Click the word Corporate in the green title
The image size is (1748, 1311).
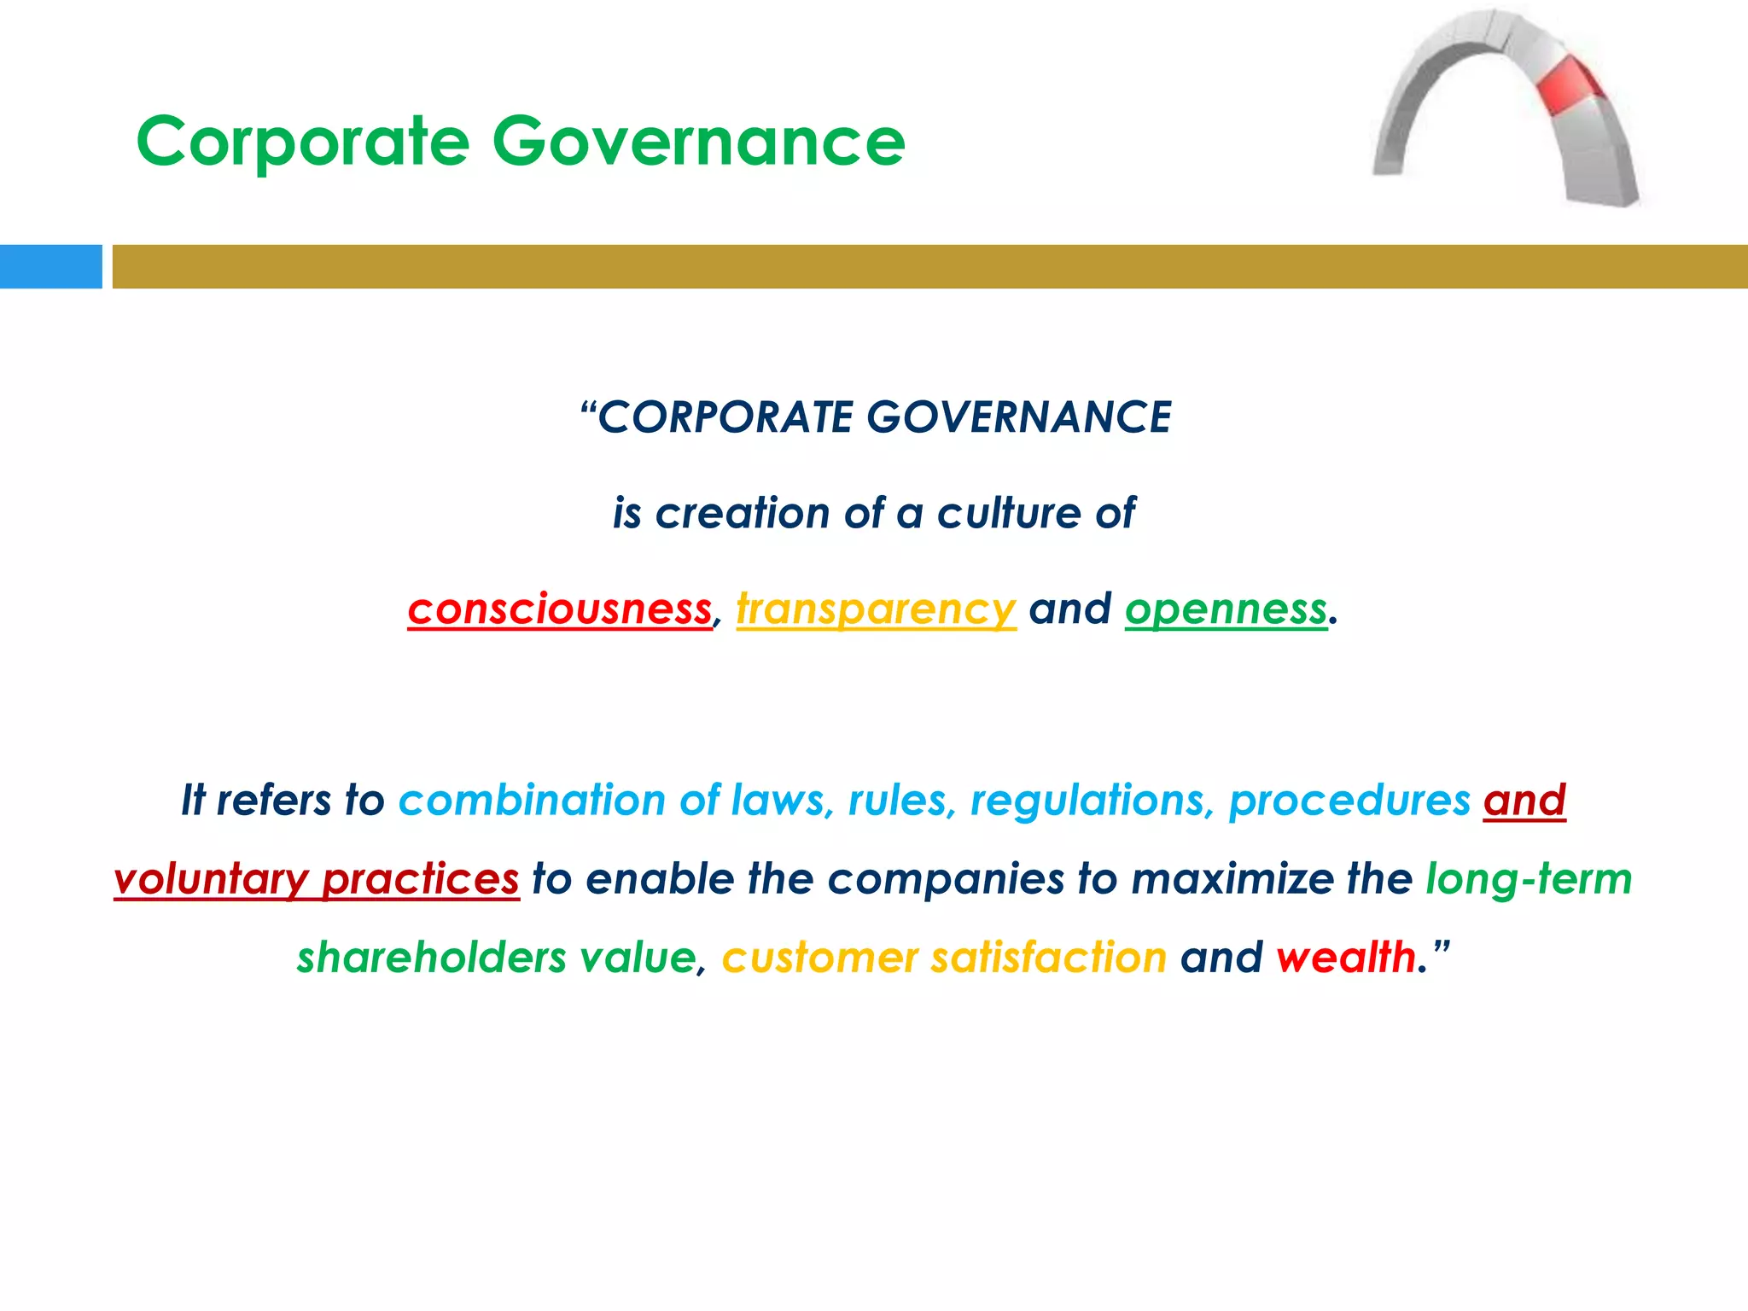(303, 142)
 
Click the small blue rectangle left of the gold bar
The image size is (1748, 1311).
(50, 266)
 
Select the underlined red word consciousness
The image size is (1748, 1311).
(559, 609)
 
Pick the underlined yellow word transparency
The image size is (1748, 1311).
(876, 609)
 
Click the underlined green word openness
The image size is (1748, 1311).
(1226, 609)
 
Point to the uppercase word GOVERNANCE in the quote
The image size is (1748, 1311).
(1018, 418)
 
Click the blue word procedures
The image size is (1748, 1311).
(1349, 801)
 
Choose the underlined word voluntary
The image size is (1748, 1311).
(211, 879)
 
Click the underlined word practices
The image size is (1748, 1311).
(420, 879)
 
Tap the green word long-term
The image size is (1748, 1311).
(1529, 879)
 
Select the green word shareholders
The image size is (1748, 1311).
(431, 958)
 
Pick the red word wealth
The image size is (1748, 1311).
(1346, 958)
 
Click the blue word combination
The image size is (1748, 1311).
(532, 801)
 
